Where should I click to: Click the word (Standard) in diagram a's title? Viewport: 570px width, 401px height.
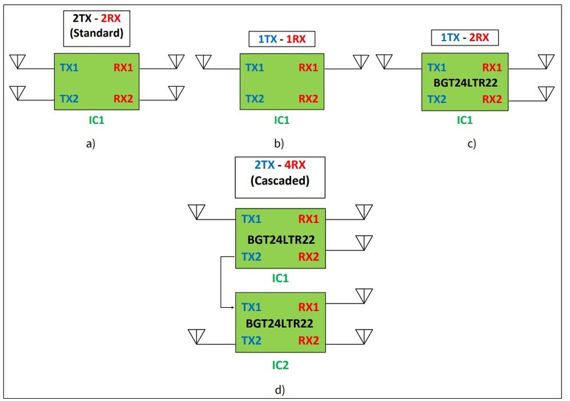click(x=97, y=34)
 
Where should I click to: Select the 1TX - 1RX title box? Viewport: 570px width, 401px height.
click(x=282, y=39)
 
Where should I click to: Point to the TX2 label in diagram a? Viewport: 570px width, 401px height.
click(x=69, y=98)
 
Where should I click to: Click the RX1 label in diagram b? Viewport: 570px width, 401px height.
click(x=308, y=68)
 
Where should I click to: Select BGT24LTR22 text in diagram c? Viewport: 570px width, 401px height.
click(x=465, y=83)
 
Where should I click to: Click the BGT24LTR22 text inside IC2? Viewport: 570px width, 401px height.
click(x=279, y=323)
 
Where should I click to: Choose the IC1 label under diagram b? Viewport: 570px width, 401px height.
click(x=282, y=121)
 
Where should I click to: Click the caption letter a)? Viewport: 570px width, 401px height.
click(x=89, y=143)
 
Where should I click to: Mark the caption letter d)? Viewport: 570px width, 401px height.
click(x=280, y=390)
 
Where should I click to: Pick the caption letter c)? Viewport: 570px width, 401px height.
click(x=471, y=143)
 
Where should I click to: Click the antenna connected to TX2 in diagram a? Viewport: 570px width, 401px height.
click(x=18, y=93)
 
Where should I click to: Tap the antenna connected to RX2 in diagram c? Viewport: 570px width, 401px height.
click(x=546, y=93)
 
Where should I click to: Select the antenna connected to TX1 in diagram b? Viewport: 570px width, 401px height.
click(x=203, y=61)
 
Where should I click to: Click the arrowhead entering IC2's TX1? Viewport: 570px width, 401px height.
click(x=232, y=307)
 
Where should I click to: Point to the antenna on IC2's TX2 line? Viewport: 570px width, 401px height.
click(x=196, y=336)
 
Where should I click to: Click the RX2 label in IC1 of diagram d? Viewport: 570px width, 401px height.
click(x=308, y=256)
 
